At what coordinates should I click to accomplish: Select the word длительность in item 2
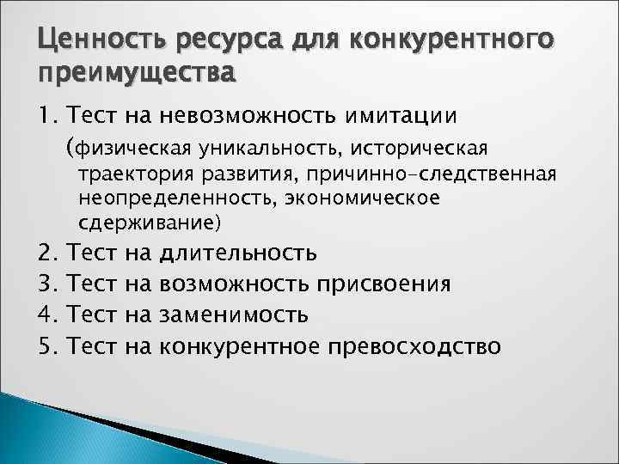click(238, 253)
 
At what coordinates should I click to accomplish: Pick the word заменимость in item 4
click(234, 315)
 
